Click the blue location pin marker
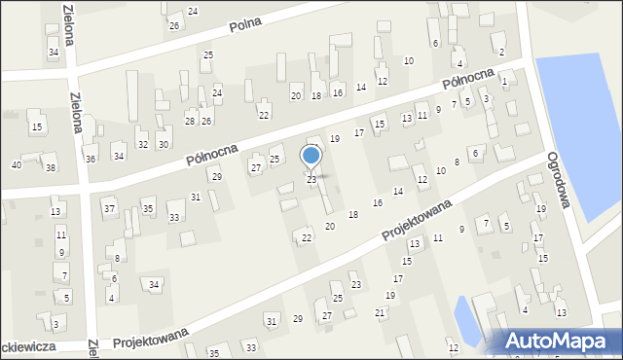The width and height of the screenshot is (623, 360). click(311, 156)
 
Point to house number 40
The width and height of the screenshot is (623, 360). click(16, 164)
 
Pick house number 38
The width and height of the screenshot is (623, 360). click(51, 168)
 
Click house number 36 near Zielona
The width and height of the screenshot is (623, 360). click(91, 159)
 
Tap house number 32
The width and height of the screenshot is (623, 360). click(142, 144)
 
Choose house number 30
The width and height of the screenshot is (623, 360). click(164, 144)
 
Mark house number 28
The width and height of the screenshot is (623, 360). click(190, 121)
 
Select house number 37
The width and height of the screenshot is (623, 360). click(109, 209)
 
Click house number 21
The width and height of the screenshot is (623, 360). click(380, 312)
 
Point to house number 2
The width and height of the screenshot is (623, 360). click(501, 52)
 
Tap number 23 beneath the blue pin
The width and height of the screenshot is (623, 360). click(311, 180)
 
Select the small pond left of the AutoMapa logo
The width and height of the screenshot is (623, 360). click(467, 323)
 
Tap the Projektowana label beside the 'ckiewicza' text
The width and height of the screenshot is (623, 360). click(149, 342)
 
